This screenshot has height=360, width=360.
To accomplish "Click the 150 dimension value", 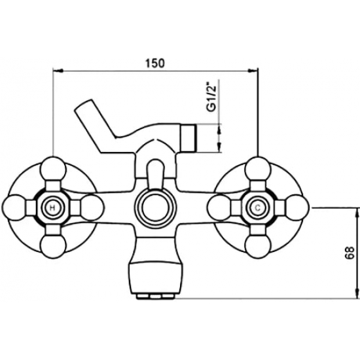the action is coord(155,63).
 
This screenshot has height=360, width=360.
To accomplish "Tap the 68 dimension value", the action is coord(350,253).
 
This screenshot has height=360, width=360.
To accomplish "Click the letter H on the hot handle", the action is coord(52,208).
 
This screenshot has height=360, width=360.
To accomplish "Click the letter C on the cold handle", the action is coord(258,208).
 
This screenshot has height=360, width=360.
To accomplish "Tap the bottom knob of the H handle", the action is coord(53,246).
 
